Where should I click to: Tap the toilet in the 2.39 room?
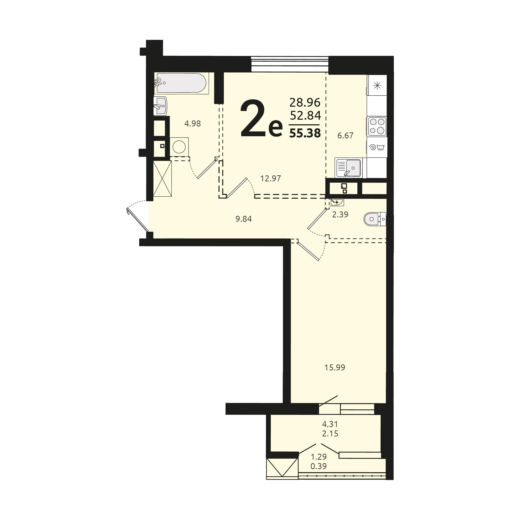point(374,219)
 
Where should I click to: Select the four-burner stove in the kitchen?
point(377,126)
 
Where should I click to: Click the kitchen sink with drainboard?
point(349,168)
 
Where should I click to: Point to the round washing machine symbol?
point(179,147)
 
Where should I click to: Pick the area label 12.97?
point(271,178)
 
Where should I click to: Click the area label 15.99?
point(335,367)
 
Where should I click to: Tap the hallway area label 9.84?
point(244,219)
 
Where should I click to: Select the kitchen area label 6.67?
point(345,135)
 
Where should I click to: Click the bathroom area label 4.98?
point(192,123)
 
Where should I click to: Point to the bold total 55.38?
point(305,133)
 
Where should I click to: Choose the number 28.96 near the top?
point(305,102)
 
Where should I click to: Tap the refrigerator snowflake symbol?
point(377,86)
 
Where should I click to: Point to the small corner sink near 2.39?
point(337,202)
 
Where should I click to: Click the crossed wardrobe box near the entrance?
point(162,178)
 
